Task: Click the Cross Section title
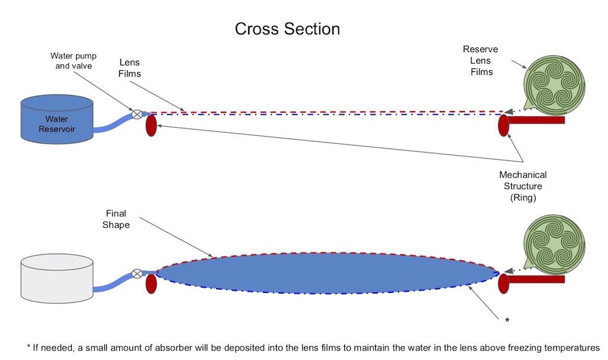tap(287, 29)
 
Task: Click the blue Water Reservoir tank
tap(57, 120)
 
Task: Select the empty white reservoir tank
tap(57, 277)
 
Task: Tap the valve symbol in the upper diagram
tap(137, 113)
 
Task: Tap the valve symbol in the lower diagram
tap(137, 273)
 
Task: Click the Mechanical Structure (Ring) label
tap(522, 187)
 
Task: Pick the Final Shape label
tap(118, 219)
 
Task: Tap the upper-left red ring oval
tap(151, 125)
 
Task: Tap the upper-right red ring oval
tap(504, 125)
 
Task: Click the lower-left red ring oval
tap(151, 283)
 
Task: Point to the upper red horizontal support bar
tap(538, 120)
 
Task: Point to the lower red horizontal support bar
tap(538, 279)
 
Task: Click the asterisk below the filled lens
tap(506, 321)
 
